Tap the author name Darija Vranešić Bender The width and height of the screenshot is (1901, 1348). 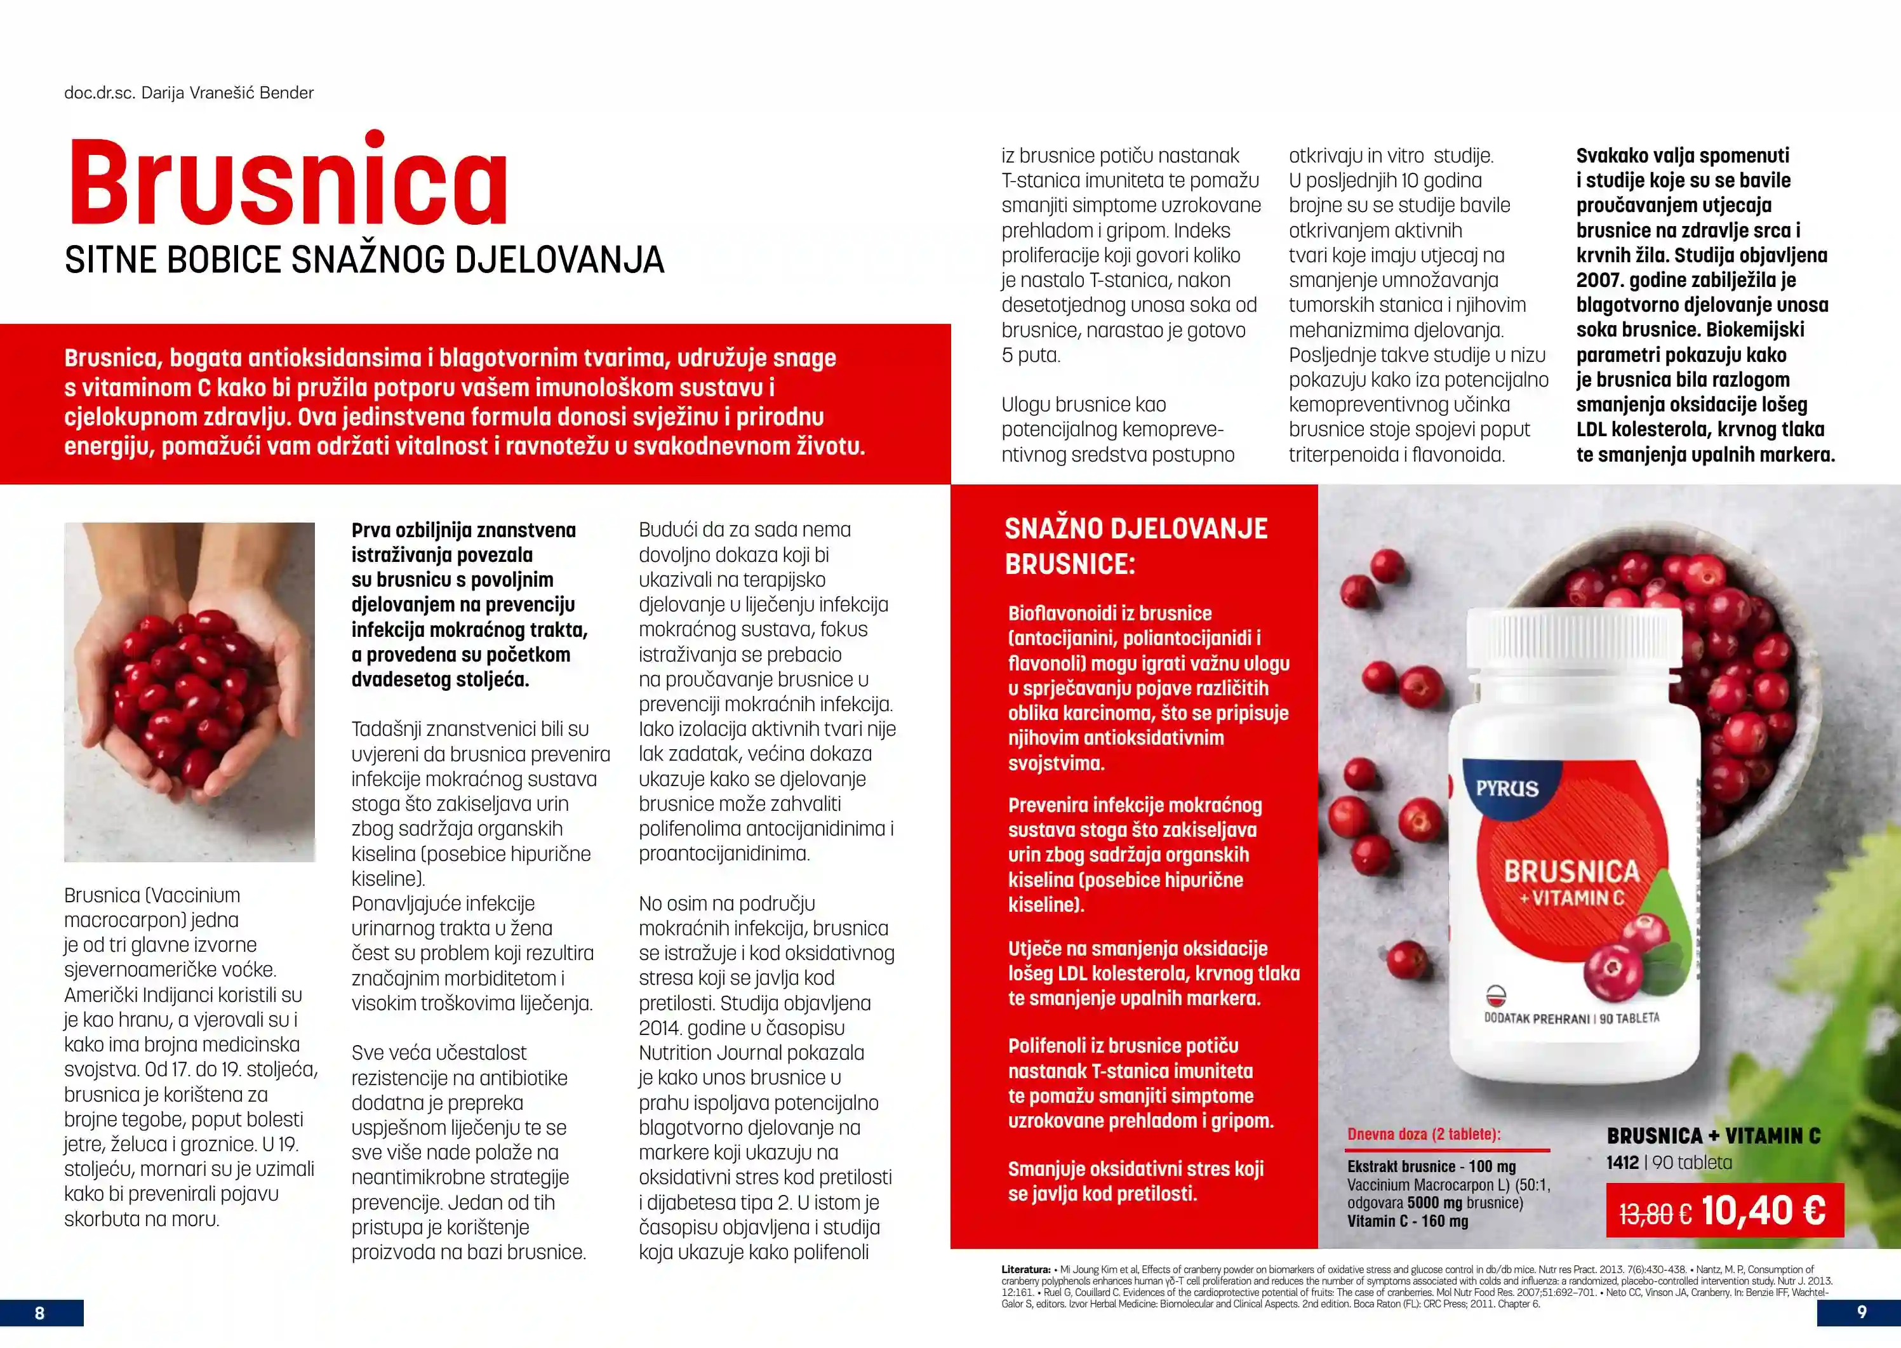coord(227,93)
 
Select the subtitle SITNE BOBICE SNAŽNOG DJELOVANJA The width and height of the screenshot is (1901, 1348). coord(364,260)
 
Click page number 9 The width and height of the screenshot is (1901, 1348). coord(1861,1311)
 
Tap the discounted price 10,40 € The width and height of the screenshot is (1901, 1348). coord(1763,1210)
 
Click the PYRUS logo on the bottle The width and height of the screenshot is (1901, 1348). coord(1507,788)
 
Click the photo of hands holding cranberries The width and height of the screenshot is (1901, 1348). coord(189,691)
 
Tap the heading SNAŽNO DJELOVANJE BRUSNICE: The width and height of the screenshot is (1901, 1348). coord(1136,545)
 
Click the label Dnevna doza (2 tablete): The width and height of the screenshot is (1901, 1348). coord(1424,1134)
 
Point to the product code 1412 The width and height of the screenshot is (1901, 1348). coord(1622,1162)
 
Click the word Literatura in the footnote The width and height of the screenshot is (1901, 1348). coord(1026,1269)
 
